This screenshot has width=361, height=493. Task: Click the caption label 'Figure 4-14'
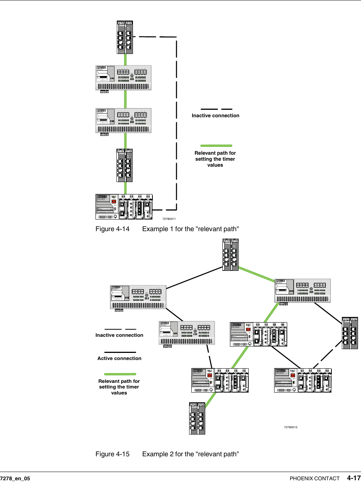point(112,229)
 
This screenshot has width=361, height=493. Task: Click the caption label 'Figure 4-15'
point(112,454)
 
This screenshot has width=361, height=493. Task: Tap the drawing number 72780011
point(169,219)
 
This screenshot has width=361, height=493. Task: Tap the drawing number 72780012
point(291,427)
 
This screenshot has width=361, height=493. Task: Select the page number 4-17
point(354,478)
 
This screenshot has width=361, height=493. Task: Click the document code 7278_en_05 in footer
point(15,478)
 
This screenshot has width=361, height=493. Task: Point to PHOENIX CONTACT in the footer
point(315,478)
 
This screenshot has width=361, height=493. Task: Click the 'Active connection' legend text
point(119,359)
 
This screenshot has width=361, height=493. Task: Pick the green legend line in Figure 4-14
point(216,146)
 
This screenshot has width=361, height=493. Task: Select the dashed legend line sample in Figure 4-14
point(216,109)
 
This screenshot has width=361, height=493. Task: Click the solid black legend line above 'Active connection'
point(120,352)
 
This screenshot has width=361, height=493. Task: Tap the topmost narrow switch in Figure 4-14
point(125,37)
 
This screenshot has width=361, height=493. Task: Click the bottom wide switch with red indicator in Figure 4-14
point(124,206)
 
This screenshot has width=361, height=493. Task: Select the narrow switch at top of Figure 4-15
point(230,255)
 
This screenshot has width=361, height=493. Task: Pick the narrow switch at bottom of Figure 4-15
point(197,418)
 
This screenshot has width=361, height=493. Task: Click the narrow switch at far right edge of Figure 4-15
point(350,333)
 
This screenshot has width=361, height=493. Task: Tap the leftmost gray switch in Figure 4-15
point(138,297)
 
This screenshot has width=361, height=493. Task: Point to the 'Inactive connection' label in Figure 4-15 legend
point(119,335)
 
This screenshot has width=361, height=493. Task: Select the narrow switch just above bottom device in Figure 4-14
point(125,165)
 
